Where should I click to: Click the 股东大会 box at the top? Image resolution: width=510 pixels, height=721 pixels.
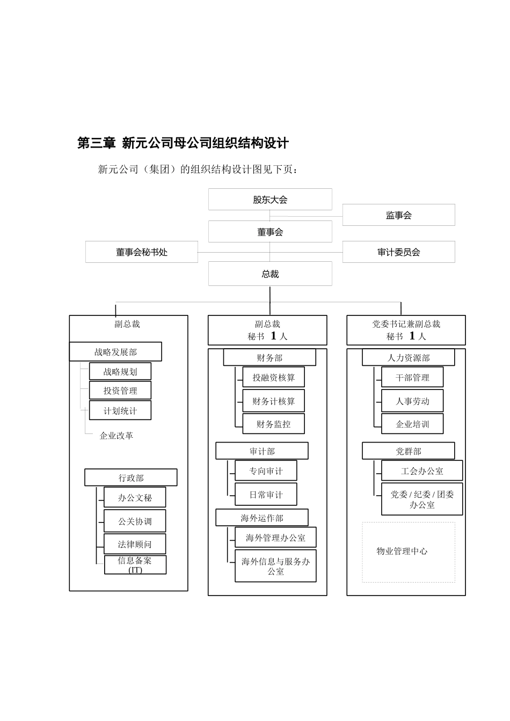click(x=270, y=200)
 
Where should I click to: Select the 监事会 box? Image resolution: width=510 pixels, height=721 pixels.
click(x=398, y=215)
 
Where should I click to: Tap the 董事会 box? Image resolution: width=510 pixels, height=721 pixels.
click(x=270, y=232)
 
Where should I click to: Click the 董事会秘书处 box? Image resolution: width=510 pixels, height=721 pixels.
click(x=142, y=252)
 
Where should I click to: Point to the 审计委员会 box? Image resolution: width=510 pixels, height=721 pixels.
click(x=398, y=252)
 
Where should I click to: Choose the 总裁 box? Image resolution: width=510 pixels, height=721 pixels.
click(x=270, y=274)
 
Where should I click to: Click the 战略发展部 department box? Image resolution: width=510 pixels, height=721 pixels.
click(x=115, y=352)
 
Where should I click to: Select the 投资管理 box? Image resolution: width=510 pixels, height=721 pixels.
click(x=120, y=391)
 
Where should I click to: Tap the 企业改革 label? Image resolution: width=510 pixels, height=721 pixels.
click(x=116, y=436)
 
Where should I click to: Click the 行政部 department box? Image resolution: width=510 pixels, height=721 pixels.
click(x=131, y=477)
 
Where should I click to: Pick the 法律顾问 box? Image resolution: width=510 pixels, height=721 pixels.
click(x=135, y=544)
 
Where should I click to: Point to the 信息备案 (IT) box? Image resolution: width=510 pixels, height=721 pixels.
click(x=135, y=565)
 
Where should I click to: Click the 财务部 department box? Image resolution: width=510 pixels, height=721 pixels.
click(x=269, y=358)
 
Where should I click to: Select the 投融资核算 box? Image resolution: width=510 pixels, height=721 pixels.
click(x=274, y=378)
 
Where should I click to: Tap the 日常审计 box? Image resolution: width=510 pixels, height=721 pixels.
click(x=266, y=495)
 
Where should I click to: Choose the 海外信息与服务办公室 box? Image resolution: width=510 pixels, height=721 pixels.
click(x=275, y=566)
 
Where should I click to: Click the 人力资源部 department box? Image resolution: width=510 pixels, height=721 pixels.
click(x=408, y=358)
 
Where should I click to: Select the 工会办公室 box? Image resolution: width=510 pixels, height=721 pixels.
click(x=422, y=471)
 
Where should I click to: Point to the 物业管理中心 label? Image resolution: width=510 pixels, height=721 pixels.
click(x=402, y=551)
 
